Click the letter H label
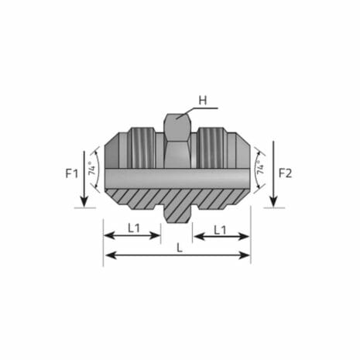point(203,99)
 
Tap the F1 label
point(71,173)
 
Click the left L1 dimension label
point(133,228)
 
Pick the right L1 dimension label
point(221,228)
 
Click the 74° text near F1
point(94,170)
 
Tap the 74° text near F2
point(261,170)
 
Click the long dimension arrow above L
point(177,255)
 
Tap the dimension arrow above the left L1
point(132,237)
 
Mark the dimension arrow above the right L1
point(221,237)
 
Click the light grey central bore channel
point(177,179)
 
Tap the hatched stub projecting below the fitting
point(177,213)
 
